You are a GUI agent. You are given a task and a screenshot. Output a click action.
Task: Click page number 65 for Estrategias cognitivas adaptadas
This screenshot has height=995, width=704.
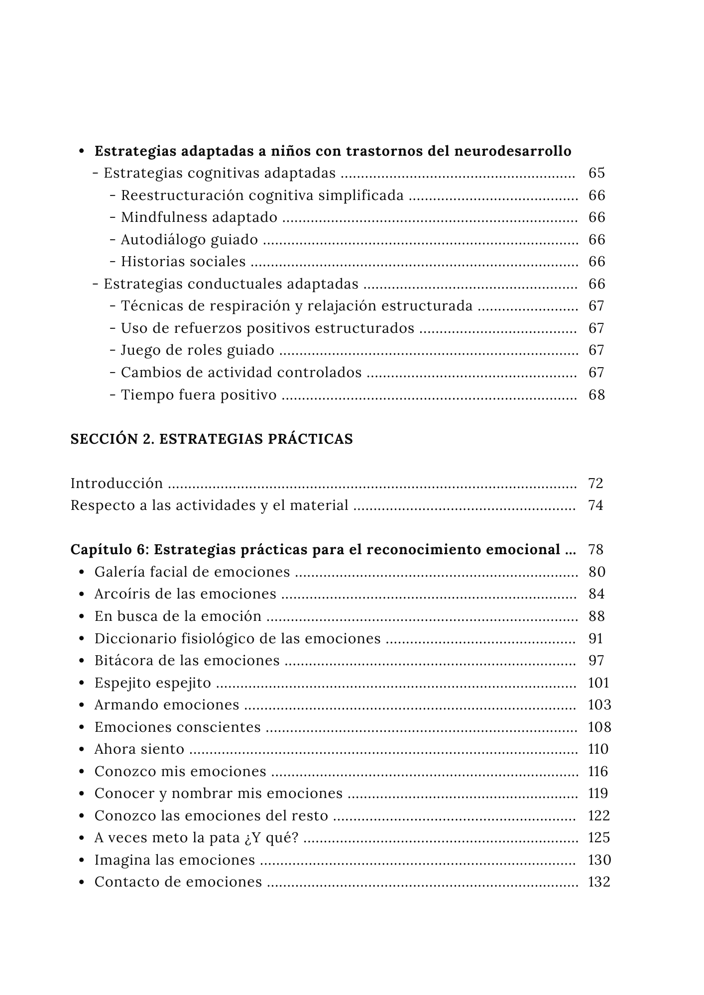point(596,173)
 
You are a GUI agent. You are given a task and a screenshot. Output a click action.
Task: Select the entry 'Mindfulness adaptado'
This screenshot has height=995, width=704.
point(199,217)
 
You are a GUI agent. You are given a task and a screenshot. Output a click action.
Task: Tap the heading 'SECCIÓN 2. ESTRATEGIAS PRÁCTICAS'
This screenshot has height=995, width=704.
point(212,439)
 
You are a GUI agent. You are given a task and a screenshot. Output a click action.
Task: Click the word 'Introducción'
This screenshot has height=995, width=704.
point(117,484)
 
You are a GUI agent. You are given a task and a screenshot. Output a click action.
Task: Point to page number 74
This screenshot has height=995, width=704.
point(595,505)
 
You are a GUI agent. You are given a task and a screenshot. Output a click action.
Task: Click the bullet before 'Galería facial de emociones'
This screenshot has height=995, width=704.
point(82,572)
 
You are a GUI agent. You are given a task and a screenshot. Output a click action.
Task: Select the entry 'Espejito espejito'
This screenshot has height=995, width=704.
point(153,683)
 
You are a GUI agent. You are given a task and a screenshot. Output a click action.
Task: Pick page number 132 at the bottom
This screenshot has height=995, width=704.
point(599,882)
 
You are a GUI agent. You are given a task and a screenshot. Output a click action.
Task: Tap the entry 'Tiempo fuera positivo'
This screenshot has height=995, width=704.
point(199,395)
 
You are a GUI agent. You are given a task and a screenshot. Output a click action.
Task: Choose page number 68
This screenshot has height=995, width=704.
point(596,395)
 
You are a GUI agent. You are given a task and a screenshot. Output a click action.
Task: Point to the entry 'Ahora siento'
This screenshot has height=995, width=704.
point(139,749)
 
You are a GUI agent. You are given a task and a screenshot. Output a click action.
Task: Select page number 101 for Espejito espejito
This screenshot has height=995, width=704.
point(598,683)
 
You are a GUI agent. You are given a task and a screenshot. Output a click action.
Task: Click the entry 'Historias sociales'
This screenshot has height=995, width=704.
point(183,262)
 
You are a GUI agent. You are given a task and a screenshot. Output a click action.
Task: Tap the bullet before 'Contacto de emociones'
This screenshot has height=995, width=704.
point(82,882)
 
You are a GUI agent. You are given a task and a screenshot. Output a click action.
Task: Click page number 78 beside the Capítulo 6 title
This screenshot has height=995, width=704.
point(595,550)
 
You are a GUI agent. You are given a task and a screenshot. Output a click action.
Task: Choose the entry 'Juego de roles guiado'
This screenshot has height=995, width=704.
point(198,351)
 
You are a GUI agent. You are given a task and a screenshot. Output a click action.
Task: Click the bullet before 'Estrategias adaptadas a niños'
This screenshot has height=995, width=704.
point(82,151)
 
